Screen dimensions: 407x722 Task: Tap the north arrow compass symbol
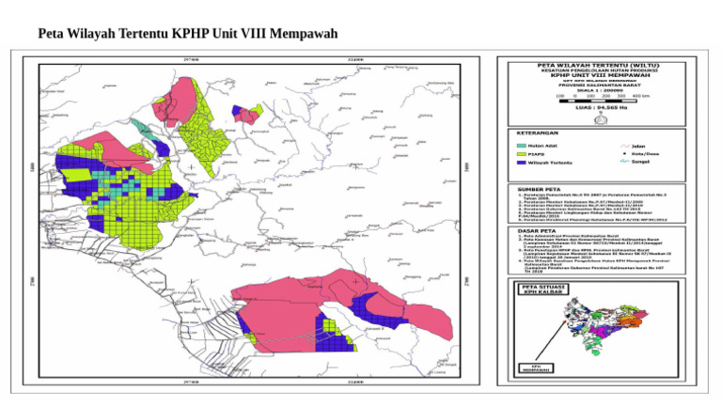615,118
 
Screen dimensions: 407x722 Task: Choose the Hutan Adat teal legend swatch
522,146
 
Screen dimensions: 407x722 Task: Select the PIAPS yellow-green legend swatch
522,154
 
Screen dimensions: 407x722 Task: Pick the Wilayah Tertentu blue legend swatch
522,163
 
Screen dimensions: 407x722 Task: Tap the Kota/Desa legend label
644,154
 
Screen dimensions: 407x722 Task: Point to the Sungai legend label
642,163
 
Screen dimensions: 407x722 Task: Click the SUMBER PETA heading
540,188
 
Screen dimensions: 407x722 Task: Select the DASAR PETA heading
538,230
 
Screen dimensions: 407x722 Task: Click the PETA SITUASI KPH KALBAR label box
543,289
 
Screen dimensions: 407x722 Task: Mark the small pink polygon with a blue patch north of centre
248,115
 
